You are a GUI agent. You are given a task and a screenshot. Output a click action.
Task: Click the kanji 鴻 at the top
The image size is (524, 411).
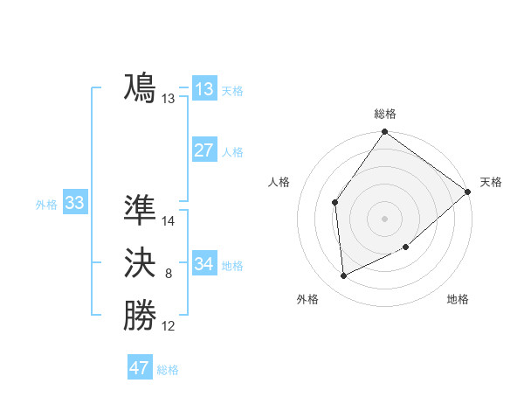tap(140, 88)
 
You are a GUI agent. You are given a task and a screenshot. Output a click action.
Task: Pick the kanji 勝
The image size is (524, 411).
tap(140, 316)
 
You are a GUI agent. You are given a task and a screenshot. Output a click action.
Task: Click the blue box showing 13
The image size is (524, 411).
tap(204, 89)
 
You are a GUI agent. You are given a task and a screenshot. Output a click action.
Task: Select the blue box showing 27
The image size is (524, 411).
tap(204, 150)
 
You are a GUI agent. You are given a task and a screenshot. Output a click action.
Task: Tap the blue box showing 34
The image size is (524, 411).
tap(204, 264)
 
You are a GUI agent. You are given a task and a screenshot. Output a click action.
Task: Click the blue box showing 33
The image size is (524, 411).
tap(74, 204)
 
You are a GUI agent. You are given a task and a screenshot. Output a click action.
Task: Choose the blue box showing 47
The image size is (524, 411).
tap(140, 368)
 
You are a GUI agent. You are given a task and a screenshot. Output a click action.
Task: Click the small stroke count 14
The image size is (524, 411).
tap(169, 221)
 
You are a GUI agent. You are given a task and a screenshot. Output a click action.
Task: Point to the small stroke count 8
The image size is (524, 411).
tap(169, 275)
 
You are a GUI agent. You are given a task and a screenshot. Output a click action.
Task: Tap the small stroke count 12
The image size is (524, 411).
tap(169, 327)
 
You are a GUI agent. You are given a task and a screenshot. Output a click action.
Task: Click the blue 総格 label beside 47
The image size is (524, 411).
tap(168, 370)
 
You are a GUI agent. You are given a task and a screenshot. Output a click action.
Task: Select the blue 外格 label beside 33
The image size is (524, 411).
tap(46, 205)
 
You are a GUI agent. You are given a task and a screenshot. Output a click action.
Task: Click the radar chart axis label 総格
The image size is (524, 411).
tap(385, 114)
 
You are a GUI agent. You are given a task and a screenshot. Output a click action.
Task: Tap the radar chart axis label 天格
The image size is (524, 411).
tap(491, 182)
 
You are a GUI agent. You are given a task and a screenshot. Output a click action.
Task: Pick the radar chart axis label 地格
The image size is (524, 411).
tap(458, 299)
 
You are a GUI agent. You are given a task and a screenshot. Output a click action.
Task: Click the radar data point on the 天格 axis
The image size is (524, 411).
tap(468, 192)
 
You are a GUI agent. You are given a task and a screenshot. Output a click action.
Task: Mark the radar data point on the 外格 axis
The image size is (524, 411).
tap(344, 276)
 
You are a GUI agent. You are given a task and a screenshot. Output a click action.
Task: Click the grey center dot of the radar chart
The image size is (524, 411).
tap(385, 219)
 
